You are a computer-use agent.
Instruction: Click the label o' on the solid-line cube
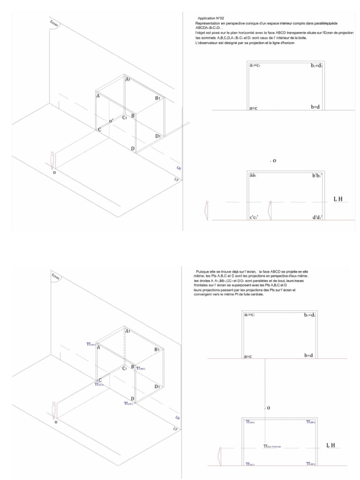point(111,121)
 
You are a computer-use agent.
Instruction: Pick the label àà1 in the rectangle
point(254,175)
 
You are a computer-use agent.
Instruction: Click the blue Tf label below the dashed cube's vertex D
point(128,402)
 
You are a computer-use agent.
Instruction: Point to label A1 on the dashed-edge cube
point(127,331)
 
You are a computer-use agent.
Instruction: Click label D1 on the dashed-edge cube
point(157,387)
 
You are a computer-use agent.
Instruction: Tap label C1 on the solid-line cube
point(124,118)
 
